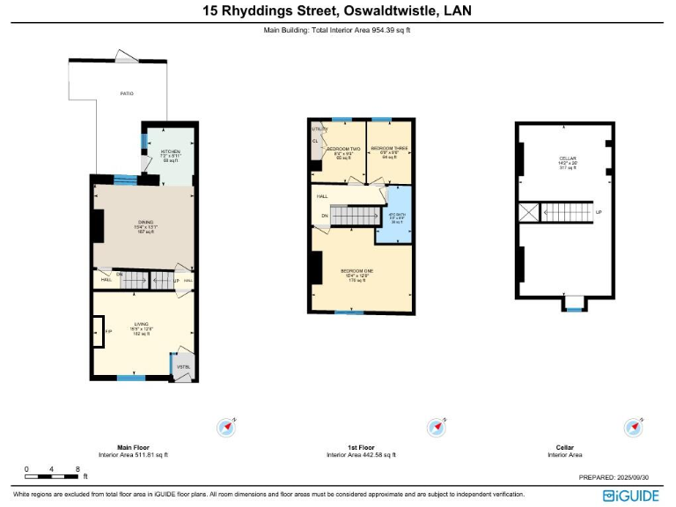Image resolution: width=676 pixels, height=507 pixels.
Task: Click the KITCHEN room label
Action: pos(170,152)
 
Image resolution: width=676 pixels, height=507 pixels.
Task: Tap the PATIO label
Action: pos(127,92)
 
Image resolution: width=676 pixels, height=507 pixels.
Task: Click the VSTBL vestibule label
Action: pos(183,367)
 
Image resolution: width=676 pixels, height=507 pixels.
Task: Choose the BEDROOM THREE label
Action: pos(388,148)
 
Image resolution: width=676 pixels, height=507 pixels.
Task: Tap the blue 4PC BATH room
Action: pos(396,217)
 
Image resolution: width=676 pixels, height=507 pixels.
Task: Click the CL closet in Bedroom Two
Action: pos(314,141)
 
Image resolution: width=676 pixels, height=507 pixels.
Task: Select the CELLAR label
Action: pos(567,159)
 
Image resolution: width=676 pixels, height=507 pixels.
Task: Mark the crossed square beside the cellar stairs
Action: pos(527,212)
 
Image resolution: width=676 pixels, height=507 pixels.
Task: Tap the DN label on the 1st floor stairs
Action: pos(324,216)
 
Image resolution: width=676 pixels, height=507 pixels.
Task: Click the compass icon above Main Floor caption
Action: pos(227,428)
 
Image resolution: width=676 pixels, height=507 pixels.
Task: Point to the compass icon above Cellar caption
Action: pos(632,428)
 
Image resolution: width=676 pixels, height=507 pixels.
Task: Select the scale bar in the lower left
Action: pos(52,476)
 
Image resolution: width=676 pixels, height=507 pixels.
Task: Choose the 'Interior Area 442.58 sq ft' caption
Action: pos(361,455)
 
